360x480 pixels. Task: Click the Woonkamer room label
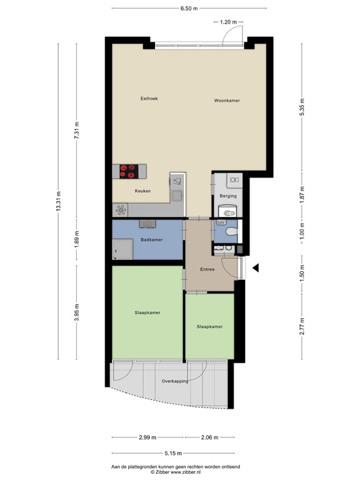coord(227,101)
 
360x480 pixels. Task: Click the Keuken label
coord(143,191)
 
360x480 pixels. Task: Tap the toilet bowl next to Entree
coord(229,232)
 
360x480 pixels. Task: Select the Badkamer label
coord(151,239)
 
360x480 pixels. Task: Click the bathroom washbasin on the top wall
coord(147,223)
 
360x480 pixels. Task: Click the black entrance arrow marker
coord(255,268)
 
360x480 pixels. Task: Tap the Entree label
coord(207,269)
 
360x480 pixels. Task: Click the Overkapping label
coord(175,381)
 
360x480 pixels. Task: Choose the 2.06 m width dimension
coord(209,437)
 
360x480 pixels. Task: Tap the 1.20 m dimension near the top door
coord(227,22)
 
